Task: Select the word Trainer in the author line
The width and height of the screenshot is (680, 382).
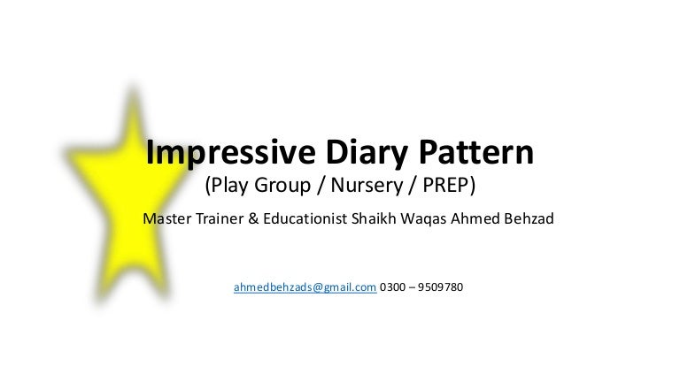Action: coord(220,218)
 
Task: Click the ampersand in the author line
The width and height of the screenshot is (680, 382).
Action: coord(254,218)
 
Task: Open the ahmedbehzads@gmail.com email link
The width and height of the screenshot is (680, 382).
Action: coord(305,287)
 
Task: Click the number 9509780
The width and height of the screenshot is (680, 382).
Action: coord(437,287)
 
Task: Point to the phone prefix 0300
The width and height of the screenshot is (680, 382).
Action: coord(393,287)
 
